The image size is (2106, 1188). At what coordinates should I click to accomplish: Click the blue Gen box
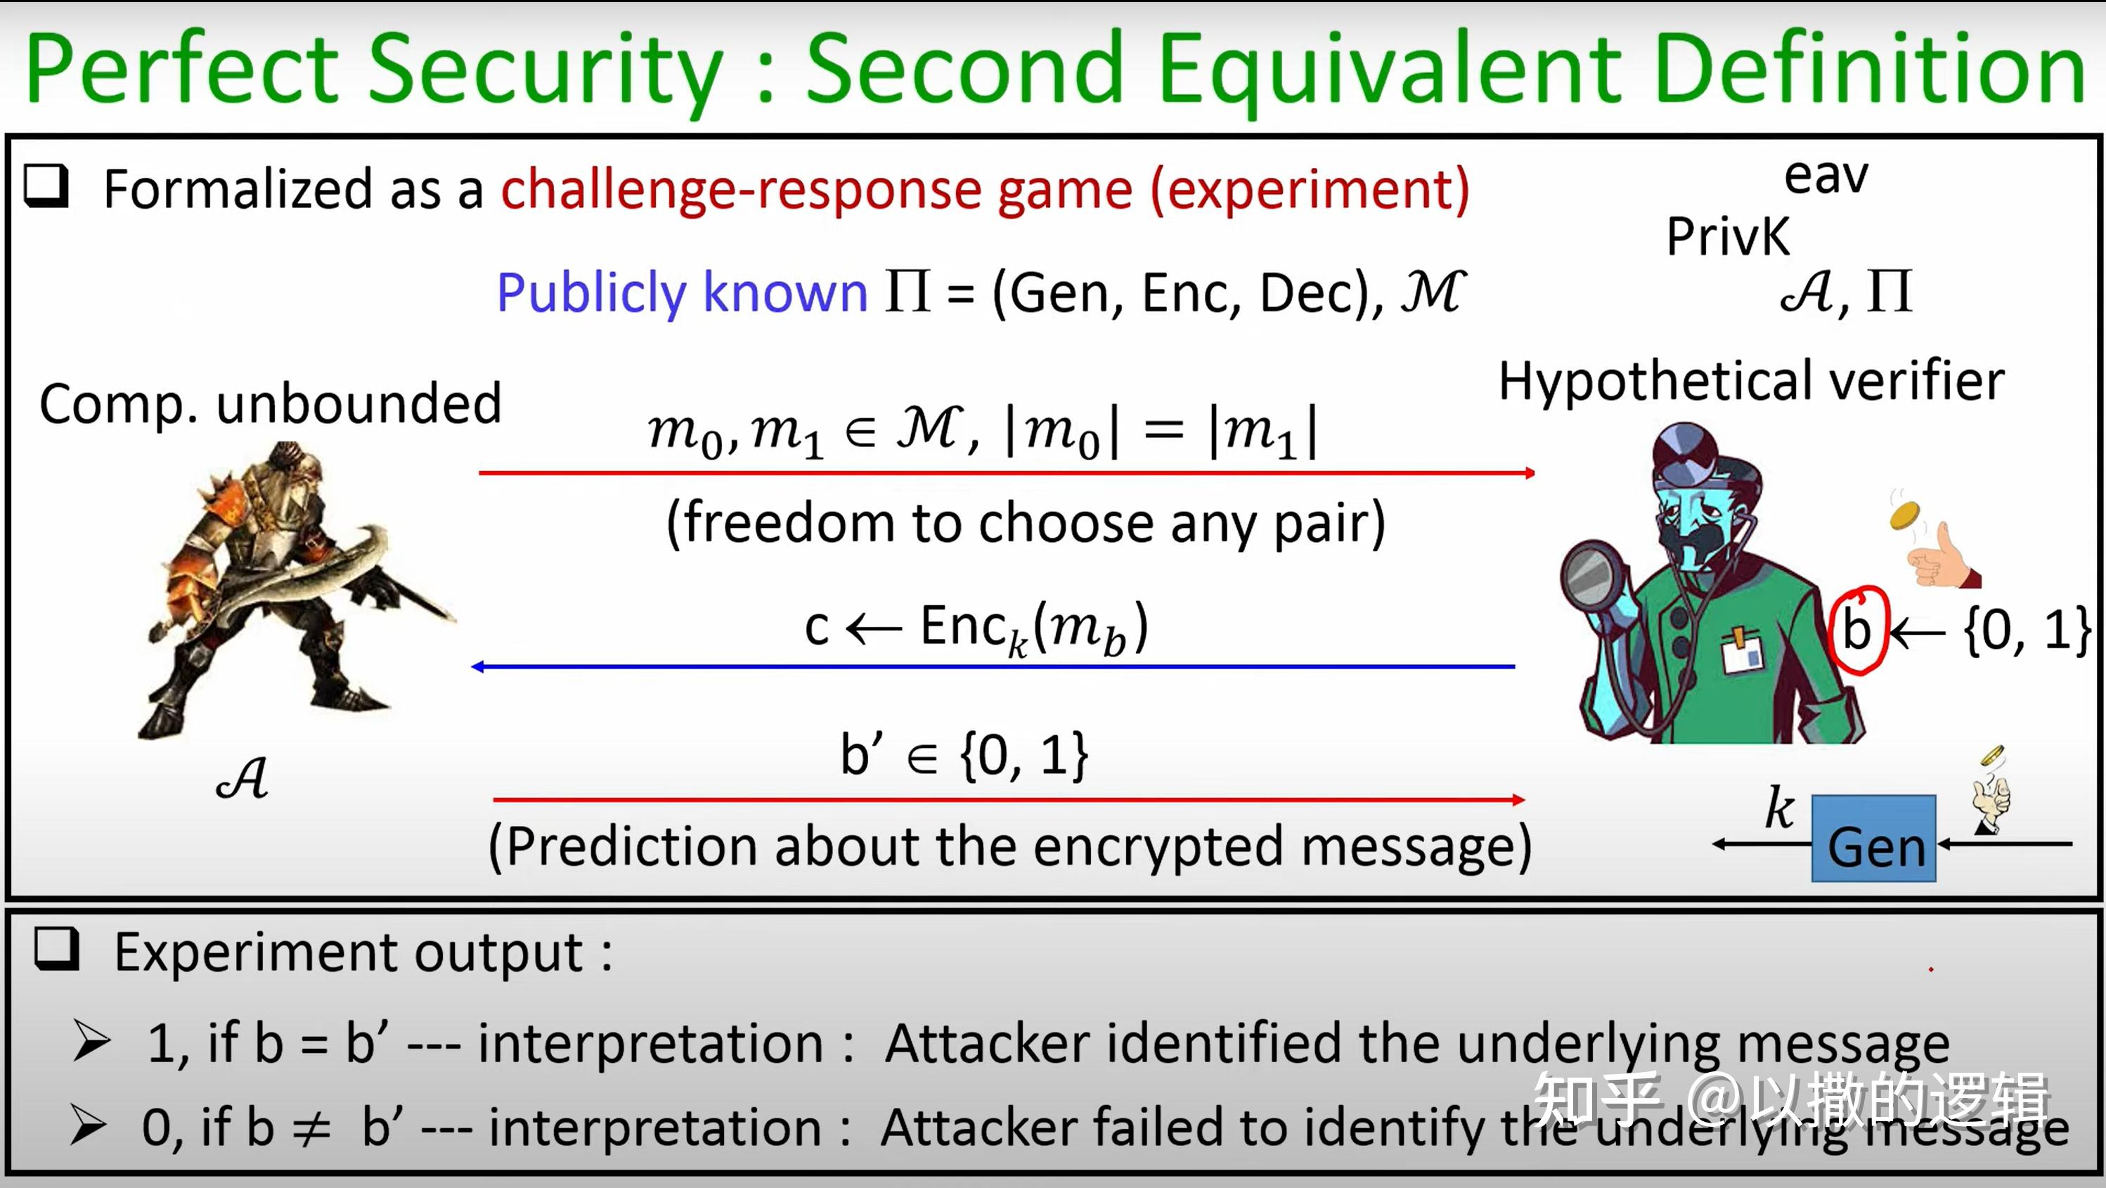click(x=1873, y=838)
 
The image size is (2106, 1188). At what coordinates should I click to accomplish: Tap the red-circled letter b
click(x=1856, y=631)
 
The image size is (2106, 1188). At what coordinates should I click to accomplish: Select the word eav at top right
click(x=1826, y=176)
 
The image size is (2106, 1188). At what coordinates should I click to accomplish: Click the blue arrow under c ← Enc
click(x=993, y=667)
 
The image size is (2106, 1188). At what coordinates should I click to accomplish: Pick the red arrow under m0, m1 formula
click(x=1006, y=472)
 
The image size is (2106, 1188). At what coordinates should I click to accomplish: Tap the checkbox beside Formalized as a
click(x=46, y=186)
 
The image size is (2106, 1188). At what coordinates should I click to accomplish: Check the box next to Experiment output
click(x=56, y=948)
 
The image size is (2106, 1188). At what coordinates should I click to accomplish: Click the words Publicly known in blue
click(x=682, y=292)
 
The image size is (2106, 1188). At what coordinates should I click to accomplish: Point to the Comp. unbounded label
click(x=270, y=404)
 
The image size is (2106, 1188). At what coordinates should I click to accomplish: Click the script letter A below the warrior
click(x=243, y=778)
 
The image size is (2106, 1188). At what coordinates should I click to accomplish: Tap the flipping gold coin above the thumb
click(x=1905, y=516)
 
